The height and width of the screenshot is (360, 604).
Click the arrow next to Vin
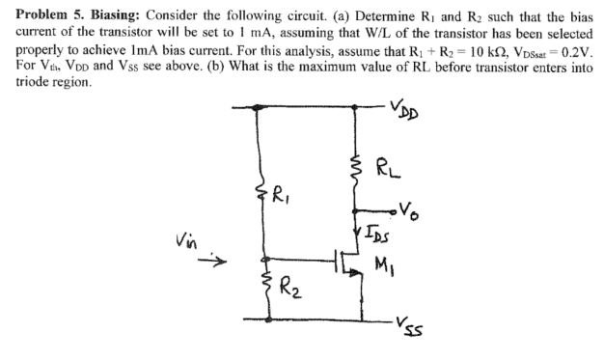[x=219, y=260]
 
